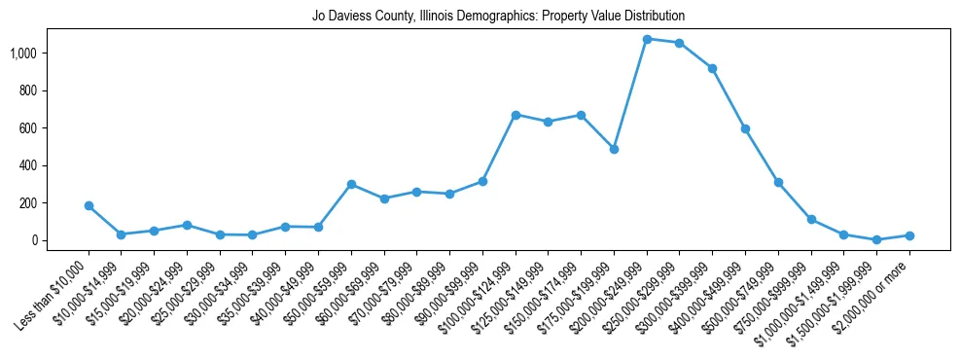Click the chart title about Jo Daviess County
[498, 17]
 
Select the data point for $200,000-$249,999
[647, 39]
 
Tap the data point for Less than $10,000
[89, 205]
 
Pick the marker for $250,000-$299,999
[680, 43]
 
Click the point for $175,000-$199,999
[614, 149]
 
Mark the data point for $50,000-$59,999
[351, 184]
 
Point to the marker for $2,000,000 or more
[909, 235]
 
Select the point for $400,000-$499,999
[745, 128]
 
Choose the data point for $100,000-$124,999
[516, 115]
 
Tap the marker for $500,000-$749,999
[778, 182]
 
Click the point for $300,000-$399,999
[712, 68]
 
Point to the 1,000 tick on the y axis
[36, 53]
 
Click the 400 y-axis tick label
[41, 165]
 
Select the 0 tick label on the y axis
[46, 240]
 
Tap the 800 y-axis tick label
[41, 90]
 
